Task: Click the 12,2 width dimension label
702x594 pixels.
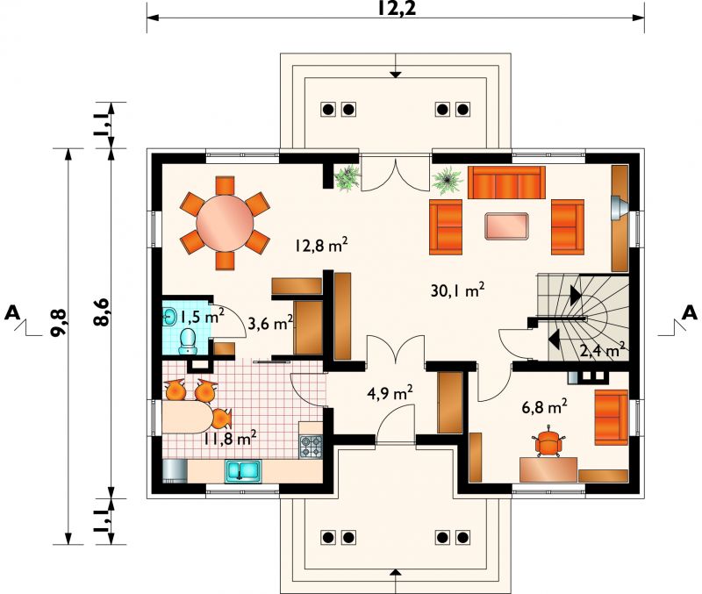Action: click(396, 9)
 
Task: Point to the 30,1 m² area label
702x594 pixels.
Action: click(457, 291)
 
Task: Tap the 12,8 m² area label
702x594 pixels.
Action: click(321, 245)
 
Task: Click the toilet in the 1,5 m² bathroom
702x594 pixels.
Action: click(188, 341)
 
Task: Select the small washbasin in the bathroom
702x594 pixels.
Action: click(169, 316)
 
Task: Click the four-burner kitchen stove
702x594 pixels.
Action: click(311, 447)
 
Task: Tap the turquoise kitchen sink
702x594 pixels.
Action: click(243, 471)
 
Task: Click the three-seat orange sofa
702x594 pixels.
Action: click(506, 182)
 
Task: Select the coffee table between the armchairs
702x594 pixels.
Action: click(507, 226)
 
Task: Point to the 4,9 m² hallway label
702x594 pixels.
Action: click(390, 393)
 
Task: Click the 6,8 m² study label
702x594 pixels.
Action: click(544, 407)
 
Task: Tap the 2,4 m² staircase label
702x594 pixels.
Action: click(602, 350)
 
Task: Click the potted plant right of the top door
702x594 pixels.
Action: click(447, 180)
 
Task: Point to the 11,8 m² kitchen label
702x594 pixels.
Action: click(230, 437)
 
